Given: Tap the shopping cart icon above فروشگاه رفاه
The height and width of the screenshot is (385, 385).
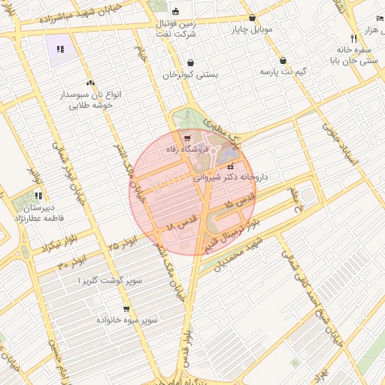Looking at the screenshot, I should pos(186,138).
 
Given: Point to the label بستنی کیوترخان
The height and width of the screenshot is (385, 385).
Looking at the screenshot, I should pos(189,75).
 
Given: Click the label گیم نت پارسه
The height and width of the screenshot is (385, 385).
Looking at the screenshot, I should pos(283,71).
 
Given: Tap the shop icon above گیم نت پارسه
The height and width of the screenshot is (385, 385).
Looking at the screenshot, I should pos(283,60).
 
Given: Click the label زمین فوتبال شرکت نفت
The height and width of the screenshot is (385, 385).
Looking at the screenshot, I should pos(177,29).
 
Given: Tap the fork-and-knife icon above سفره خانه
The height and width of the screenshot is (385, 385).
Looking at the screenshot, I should pos(353,38).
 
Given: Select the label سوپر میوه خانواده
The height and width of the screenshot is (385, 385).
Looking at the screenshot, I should pos(126,320).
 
